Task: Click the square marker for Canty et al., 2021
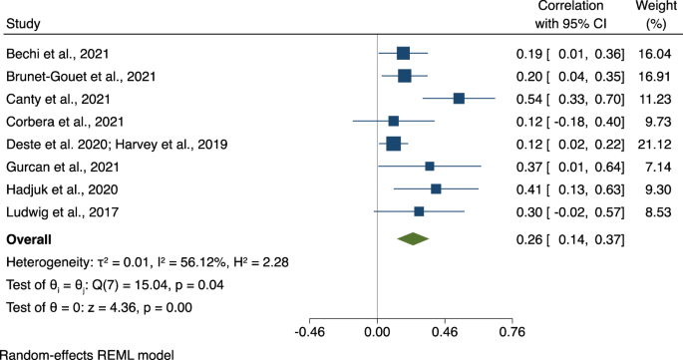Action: [x=459, y=98]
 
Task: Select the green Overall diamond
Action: [x=413, y=238]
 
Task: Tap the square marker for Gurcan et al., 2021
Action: [x=430, y=166]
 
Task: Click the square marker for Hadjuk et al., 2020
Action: [x=436, y=188]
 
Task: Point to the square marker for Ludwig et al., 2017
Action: [x=419, y=211]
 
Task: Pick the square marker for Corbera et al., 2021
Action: [x=394, y=121]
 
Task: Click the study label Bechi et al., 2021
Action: [x=59, y=53]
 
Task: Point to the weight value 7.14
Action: [x=661, y=166]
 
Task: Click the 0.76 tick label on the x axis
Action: [x=512, y=332]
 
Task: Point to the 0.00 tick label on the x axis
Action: [x=377, y=332]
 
